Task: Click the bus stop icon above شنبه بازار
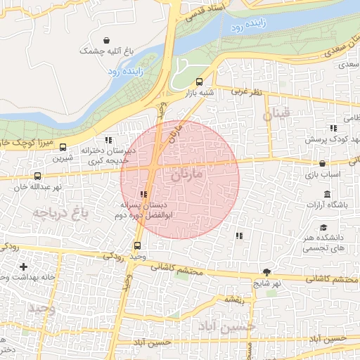(x=199, y=81)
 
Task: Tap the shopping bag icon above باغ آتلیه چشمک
(x=105, y=40)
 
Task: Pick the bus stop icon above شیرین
(x=63, y=148)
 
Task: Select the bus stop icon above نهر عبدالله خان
(x=37, y=176)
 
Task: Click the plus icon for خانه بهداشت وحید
(x=24, y=266)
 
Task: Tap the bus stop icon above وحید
(x=136, y=246)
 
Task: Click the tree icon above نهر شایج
(x=266, y=272)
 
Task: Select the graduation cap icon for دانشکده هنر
(x=323, y=228)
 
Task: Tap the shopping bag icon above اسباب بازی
(x=323, y=162)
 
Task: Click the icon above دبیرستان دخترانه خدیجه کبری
(x=108, y=140)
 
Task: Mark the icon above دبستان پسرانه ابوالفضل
(x=143, y=194)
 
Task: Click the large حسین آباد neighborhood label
(x=227, y=326)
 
